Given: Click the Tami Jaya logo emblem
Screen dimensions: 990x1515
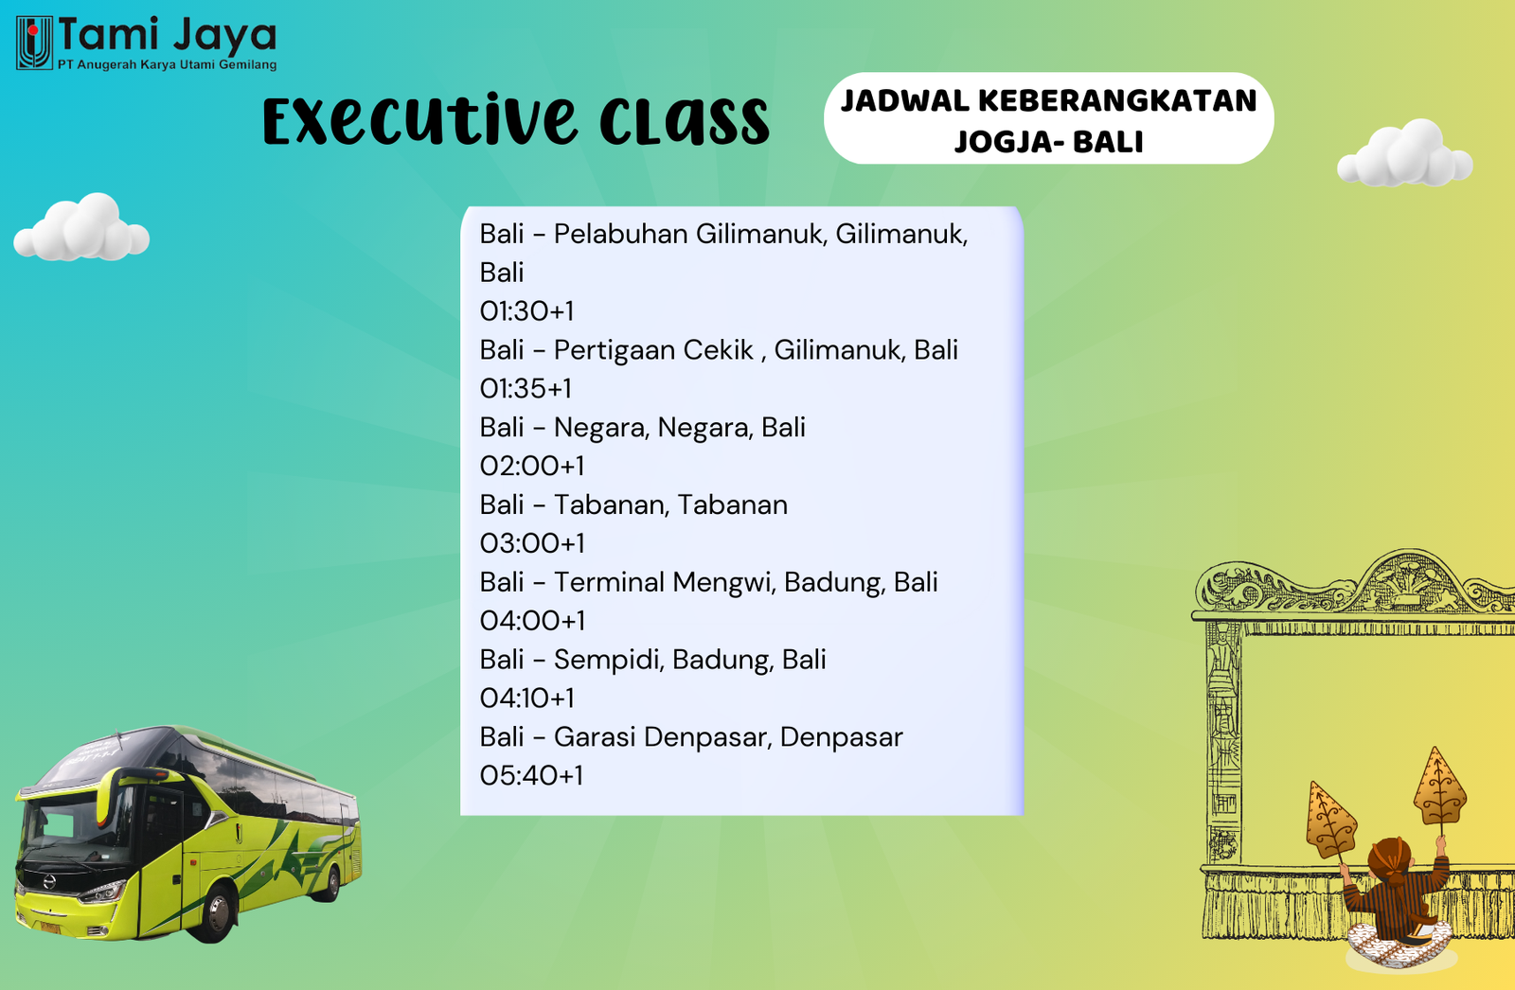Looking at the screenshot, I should tap(34, 43).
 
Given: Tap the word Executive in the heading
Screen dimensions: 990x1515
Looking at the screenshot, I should tap(419, 122).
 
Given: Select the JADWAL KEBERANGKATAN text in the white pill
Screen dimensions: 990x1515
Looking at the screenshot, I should tap(1048, 100).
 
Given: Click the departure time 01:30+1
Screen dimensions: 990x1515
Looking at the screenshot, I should tap(526, 311).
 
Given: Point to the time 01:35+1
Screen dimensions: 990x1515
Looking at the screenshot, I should tap(526, 389).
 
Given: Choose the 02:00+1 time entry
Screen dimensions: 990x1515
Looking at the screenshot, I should tap(532, 466).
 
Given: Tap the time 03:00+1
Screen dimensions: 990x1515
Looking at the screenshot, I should tap(532, 543).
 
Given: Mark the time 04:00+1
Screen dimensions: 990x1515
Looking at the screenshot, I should tap(532, 621).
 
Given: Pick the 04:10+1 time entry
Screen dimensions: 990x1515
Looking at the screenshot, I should tap(526, 698).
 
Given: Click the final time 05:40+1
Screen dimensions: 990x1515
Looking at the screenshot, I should tap(531, 776).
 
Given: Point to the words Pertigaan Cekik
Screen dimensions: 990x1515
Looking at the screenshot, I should tap(653, 350).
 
